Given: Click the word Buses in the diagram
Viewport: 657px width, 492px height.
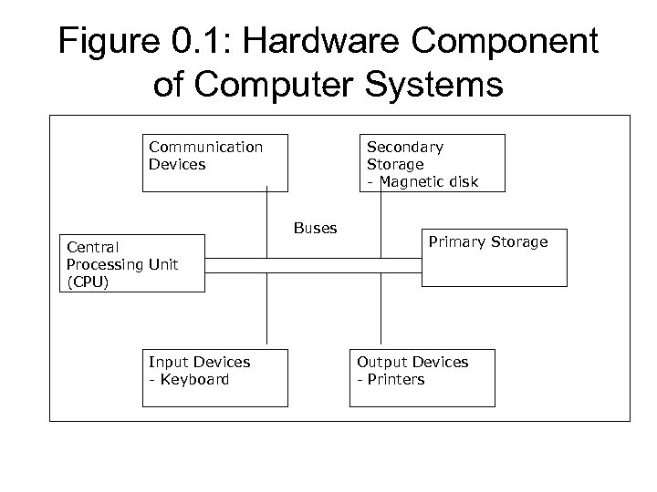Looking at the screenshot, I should point(315,229).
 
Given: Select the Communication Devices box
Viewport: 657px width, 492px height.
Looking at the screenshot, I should point(215,162).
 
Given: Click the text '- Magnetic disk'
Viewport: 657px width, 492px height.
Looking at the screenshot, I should point(422,182).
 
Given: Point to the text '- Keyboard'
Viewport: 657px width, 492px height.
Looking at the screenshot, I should point(189,379).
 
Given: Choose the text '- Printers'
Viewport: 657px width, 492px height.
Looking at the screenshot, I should point(391,379).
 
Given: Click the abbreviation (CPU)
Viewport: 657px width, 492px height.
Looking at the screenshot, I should point(88,282).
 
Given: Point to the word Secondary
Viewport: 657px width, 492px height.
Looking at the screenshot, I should point(405,147).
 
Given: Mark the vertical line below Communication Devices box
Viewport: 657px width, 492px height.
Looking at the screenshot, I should point(267,210).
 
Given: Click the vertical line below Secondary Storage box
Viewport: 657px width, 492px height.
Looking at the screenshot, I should point(380,210).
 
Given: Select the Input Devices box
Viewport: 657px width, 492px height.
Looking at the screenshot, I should point(215,377).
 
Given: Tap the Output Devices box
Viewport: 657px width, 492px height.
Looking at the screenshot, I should point(423,377).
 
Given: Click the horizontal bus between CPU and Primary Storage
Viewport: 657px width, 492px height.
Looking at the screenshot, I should point(312,265).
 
